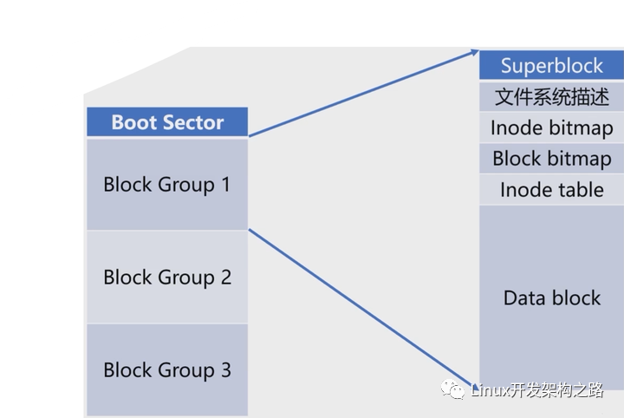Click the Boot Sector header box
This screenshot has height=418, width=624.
pos(167,121)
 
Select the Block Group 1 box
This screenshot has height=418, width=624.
pos(167,185)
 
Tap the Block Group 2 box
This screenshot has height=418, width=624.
pos(167,277)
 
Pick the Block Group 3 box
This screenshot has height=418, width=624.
pos(167,369)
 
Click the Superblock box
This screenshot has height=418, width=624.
pos(551,65)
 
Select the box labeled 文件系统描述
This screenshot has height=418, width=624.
pos(551,97)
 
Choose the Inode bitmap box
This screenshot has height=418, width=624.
pos(551,127)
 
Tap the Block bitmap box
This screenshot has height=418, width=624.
pos(551,159)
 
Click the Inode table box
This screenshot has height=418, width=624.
pos(551,190)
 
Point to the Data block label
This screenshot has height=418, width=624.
pos(551,297)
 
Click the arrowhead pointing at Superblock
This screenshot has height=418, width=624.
pos(475,52)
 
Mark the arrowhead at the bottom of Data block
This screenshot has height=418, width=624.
pos(473,387)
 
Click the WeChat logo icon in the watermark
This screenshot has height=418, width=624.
pos(452,389)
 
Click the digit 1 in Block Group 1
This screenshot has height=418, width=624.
pos(225,185)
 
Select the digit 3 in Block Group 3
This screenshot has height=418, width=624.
pos(225,369)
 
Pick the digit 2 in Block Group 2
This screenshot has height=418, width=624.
pos(225,277)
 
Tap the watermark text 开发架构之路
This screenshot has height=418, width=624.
pos(556,390)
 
